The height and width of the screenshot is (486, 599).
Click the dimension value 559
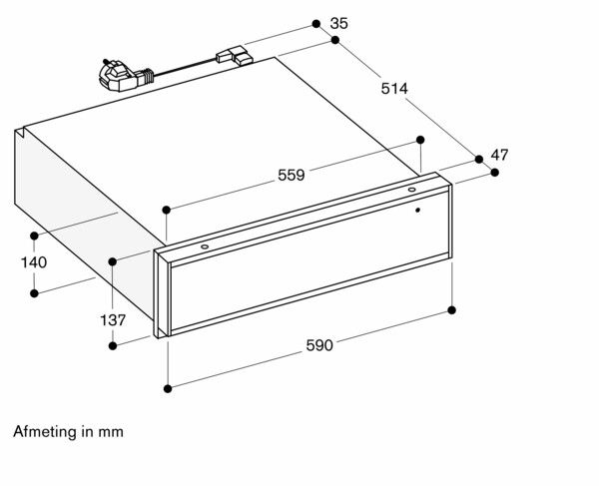click(x=291, y=176)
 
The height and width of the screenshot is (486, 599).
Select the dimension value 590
click(x=318, y=345)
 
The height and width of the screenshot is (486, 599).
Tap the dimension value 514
click(x=395, y=89)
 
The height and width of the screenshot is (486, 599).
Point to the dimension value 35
click(x=338, y=22)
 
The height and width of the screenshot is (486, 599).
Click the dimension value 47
click(x=500, y=155)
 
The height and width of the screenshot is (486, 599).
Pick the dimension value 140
click(x=34, y=262)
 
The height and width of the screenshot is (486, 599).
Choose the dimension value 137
click(x=113, y=320)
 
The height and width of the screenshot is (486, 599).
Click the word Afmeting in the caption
click(x=46, y=433)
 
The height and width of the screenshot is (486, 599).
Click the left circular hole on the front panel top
click(x=204, y=244)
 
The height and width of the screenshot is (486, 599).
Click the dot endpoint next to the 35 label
click(x=314, y=21)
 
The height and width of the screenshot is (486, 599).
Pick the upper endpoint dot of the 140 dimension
click(x=34, y=236)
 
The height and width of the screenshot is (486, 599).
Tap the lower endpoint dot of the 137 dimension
click(x=113, y=345)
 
